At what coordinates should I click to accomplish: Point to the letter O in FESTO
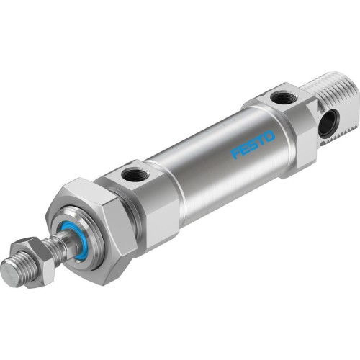click(269, 136)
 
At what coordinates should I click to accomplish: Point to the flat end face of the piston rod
click(10, 272)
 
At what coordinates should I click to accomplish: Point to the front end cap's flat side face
click(155, 209)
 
